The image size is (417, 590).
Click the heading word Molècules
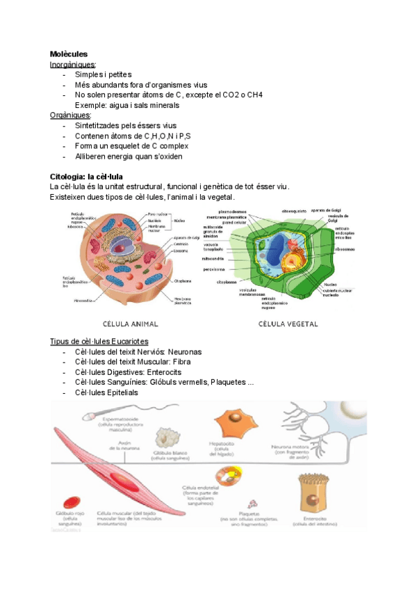[x=68, y=54]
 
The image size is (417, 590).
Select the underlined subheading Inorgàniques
[x=73, y=65]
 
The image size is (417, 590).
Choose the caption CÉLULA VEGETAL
[x=288, y=324]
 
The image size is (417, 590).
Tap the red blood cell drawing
[x=71, y=502]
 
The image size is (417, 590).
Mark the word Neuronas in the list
[x=182, y=352]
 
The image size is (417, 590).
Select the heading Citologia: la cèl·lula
[x=86, y=177]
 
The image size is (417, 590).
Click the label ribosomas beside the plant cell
[x=345, y=248]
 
